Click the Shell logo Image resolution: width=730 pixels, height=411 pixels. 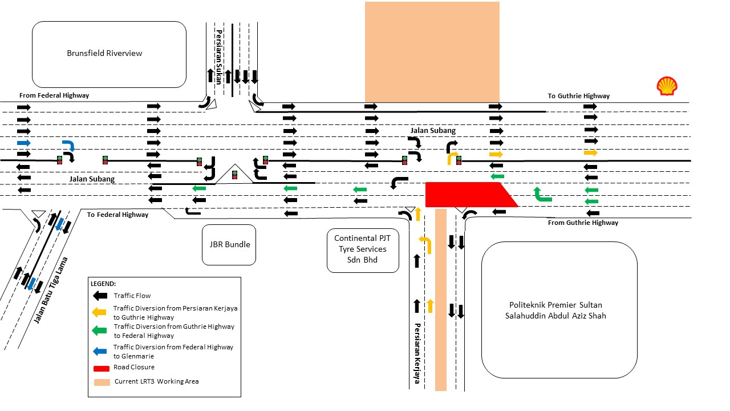(x=667, y=86)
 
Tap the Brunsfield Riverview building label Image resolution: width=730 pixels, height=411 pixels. (x=104, y=53)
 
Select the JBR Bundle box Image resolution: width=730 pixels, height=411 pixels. (x=229, y=244)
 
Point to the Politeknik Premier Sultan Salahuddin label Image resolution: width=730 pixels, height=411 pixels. (x=559, y=310)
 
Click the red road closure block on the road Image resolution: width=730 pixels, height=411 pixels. (x=468, y=195)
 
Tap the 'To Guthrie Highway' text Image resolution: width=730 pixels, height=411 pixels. (x=578, y=96)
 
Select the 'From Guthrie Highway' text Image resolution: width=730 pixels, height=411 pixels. (x=582, y=223)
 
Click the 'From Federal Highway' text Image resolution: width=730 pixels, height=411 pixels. (x=54, y=95)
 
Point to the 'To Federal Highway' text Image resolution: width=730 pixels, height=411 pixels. (x=117, y=215)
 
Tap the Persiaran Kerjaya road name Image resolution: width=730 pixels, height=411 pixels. (x=417, y=354)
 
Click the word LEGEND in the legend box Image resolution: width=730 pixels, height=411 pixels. (x=103, y=283)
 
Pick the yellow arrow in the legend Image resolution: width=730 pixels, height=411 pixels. (x=100, y=312)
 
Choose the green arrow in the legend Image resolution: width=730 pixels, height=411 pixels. (x=100, y=331)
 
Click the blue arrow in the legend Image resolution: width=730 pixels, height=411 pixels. (x=100, y=351)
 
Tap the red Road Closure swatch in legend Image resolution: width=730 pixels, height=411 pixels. (x=100, y=367)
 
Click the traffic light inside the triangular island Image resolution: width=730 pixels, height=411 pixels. (x=234, y=175)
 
